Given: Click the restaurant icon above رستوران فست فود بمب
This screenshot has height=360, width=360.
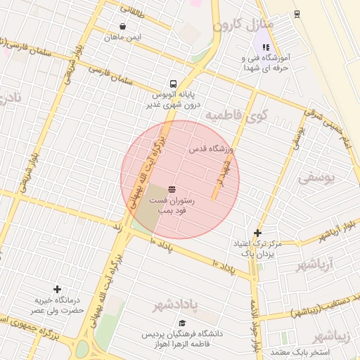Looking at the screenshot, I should point(172,189).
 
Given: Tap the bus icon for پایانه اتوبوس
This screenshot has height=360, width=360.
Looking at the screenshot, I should point(173,82).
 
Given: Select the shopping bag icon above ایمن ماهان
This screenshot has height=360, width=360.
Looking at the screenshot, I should point(123,26).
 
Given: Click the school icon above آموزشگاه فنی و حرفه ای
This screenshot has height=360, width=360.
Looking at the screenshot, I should point(266,47).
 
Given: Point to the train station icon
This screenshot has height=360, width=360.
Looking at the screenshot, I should point(297,13).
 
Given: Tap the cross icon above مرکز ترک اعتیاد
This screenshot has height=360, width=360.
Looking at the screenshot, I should point(258,233).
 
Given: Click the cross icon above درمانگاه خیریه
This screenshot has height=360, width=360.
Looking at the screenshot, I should point(57,289).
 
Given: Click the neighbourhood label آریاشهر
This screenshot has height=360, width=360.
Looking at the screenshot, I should point(314,265).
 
